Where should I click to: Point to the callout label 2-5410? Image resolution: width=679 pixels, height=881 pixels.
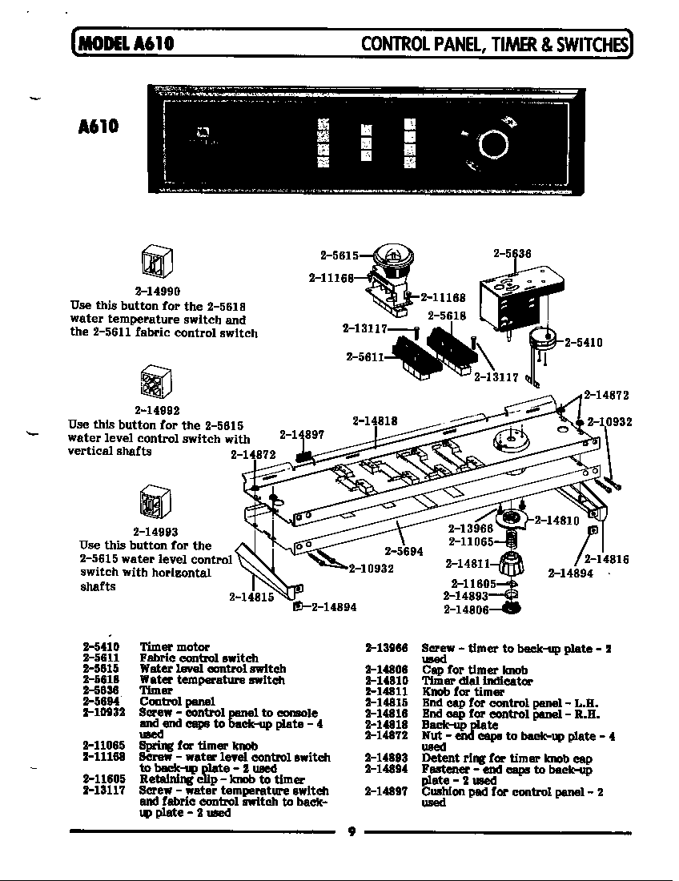click(583, 343)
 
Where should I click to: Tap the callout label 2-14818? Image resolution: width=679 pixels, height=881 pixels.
click(375, 420)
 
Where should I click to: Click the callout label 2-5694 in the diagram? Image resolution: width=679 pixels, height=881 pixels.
click(404, 551)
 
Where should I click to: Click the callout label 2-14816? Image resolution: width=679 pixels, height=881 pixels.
click(606, 560)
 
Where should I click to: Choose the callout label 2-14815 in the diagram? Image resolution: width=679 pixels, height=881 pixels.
click(251, 596)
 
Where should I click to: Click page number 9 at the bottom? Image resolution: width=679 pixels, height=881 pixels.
click(350, 831)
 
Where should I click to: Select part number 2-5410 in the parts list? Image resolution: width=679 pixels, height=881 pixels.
click(101, 646)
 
